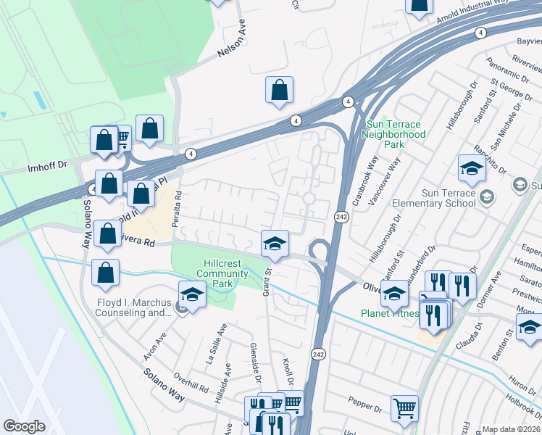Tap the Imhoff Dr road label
[46, 166]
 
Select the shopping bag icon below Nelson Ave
[279, 91]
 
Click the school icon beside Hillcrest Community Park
[193, 294]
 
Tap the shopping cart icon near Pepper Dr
[404, 408]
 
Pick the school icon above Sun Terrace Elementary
[472, 169]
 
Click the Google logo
[25, 426]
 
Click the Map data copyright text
[510, 429]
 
